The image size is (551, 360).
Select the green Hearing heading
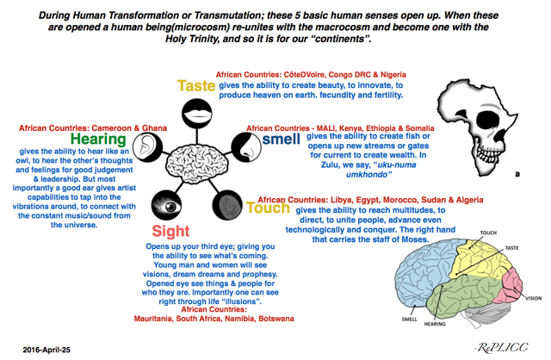99,140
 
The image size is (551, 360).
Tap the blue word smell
282,140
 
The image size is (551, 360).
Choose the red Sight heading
171,232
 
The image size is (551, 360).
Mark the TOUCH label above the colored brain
487,233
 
